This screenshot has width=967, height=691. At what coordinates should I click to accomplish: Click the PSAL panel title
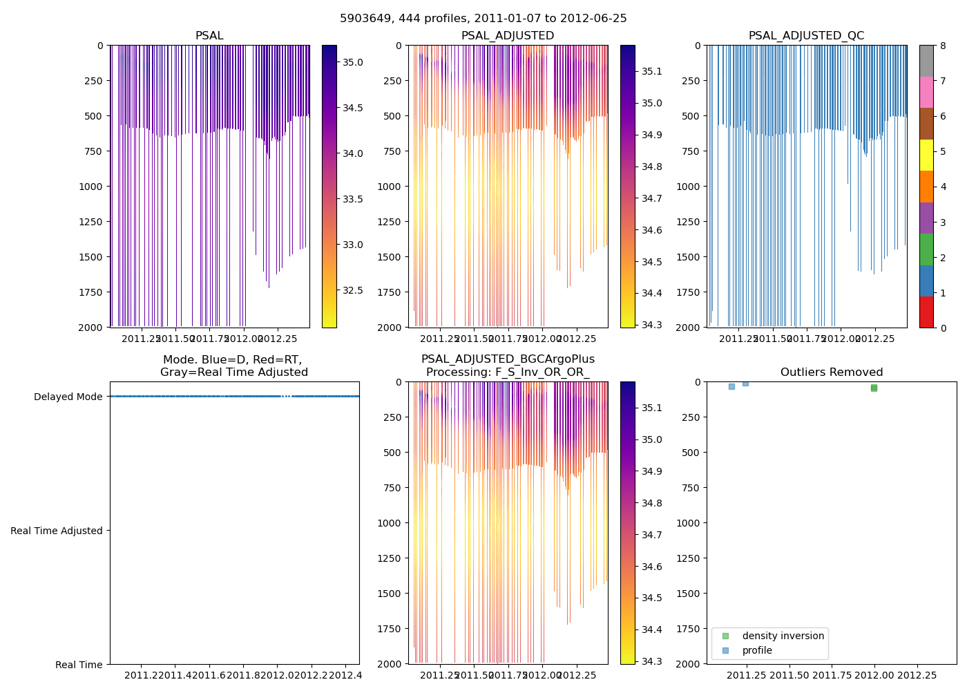(x=209, y=36)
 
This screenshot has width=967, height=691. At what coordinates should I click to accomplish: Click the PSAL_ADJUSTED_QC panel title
(x=806, y=36)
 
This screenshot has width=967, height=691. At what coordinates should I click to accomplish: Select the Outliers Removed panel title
(x=832, y=372)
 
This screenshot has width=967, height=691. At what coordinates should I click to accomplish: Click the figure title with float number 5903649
(x=483, y=19)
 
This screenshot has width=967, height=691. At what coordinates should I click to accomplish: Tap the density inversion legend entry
(x=783, y=636)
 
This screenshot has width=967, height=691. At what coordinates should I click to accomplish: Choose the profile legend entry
(x=757, y=650)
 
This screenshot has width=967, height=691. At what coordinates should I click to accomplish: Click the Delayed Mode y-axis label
(x=68, y=397)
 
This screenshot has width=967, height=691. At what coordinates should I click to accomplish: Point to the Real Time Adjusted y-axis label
(x=56, y=531)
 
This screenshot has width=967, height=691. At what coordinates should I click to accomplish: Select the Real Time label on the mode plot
(x=79, y=665)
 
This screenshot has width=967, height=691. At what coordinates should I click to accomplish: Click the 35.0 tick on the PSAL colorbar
(x=353, y=62)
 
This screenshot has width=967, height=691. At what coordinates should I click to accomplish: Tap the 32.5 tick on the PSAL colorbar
(x=353, y=290)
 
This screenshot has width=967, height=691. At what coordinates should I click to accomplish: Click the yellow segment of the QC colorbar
(x=926, y=155)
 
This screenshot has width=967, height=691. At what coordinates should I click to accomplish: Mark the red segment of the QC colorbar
(x=926, y=312)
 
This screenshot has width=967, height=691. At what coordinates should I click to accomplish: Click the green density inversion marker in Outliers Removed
(x=874, y=388)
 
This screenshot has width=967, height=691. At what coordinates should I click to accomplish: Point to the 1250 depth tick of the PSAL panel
(x=90, y=222)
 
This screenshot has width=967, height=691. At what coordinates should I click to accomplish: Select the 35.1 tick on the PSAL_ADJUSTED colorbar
(x=653, y=71)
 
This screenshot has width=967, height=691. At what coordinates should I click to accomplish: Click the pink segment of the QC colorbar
(x=926, y=92)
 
